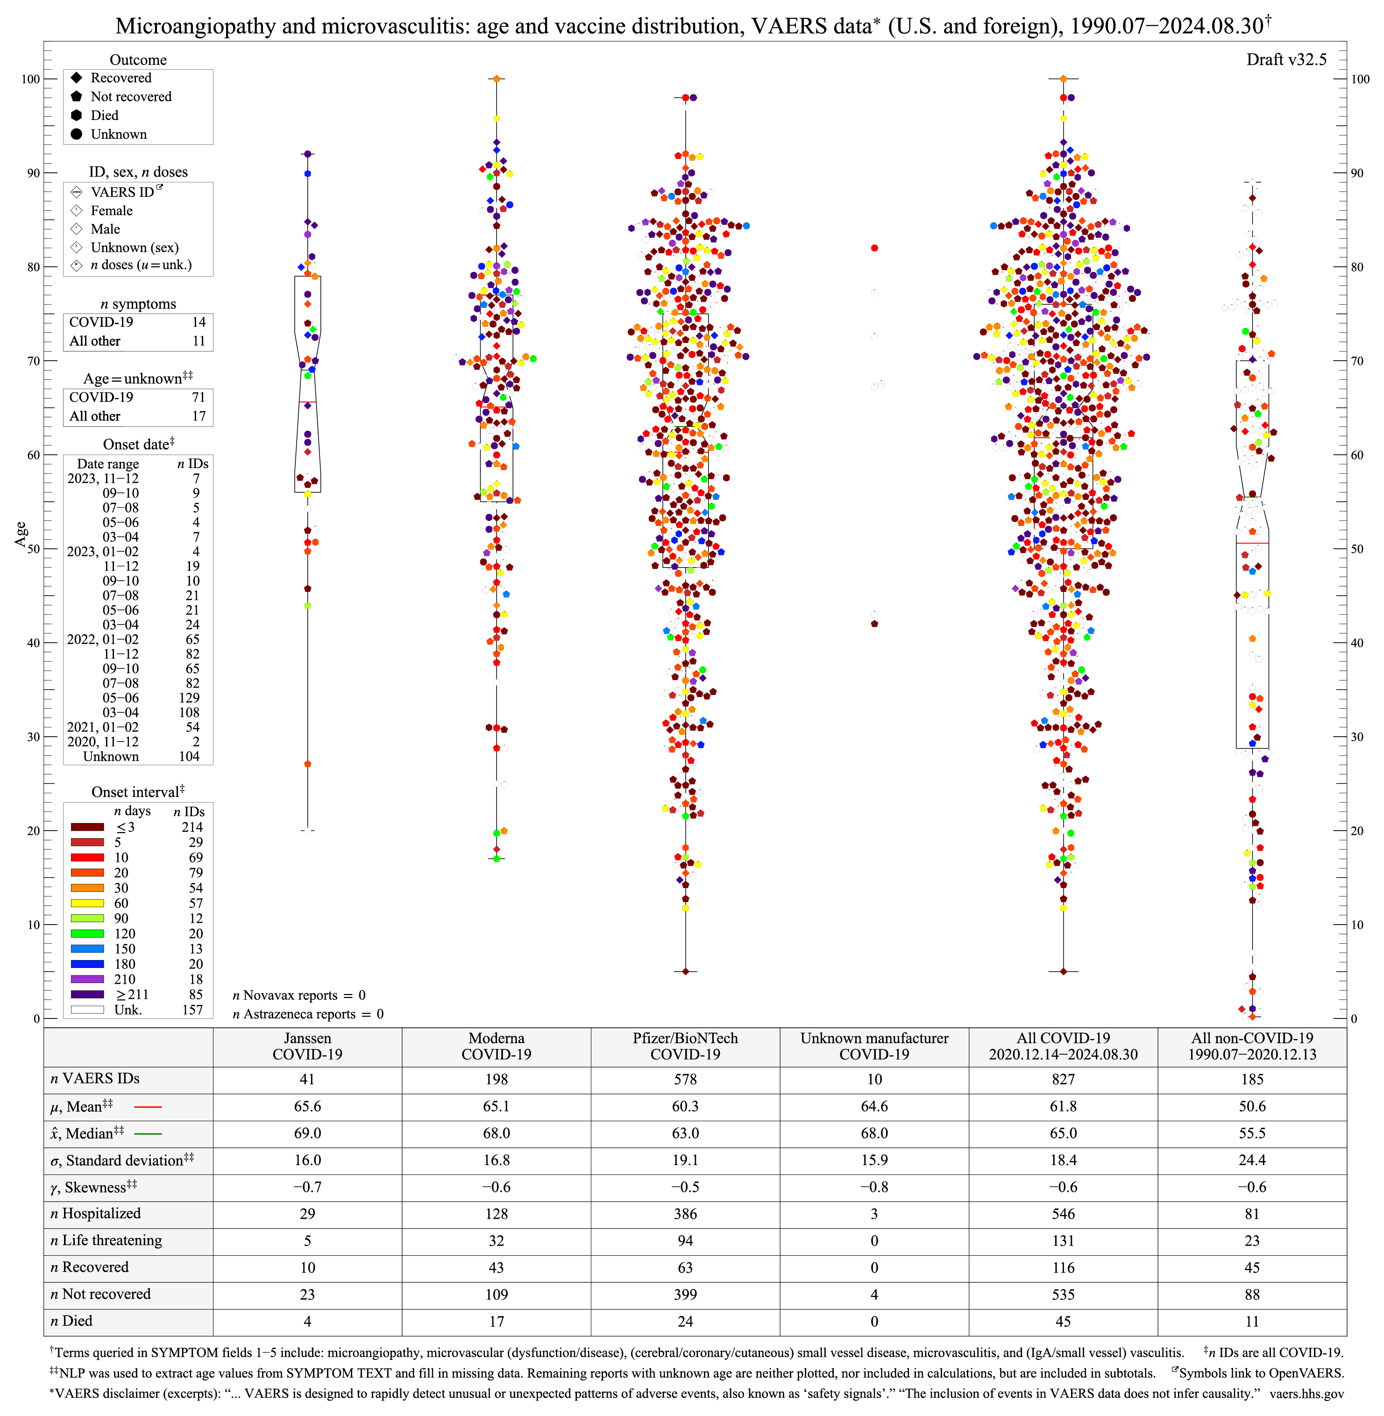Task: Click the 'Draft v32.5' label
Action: (1286, 60)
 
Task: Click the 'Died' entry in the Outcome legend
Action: (104, 115)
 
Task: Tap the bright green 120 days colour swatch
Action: (87, 933)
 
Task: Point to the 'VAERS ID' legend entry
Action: (122, 192)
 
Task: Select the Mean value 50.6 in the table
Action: (1252, 1106)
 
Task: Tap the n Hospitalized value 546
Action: (1063, 1214)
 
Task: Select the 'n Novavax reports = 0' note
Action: (299, 995)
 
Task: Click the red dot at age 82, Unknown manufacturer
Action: (874, 248)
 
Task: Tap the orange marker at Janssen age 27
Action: (307, 764)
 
